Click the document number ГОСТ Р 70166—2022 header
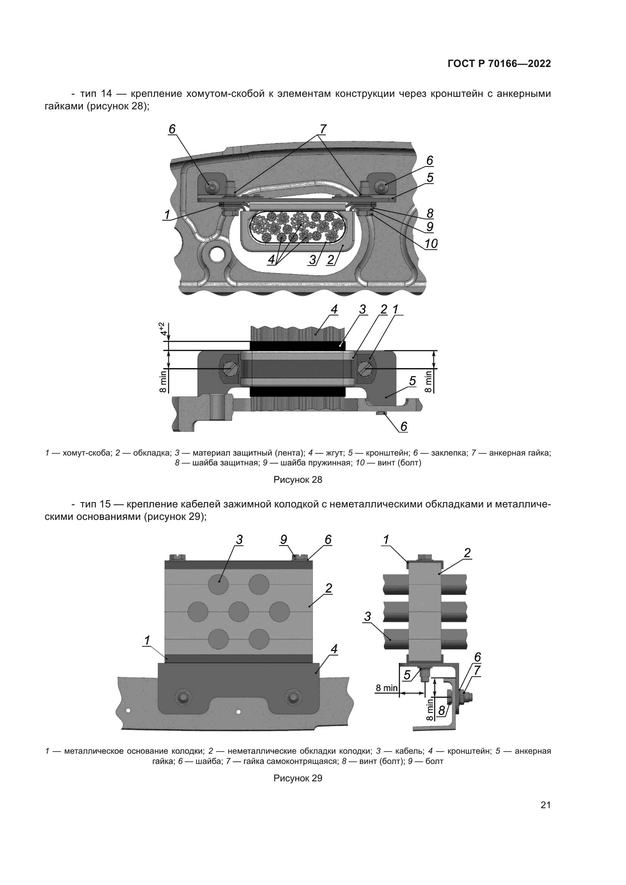click(499, 64)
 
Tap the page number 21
click(545, 805)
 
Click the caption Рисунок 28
click(297, 479)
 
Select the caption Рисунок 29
click(297, 778)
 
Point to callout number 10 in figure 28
click(431, 244)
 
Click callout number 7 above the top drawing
click(322, 129)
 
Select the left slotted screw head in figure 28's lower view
click(230, 369)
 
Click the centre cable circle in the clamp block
click(238, 612)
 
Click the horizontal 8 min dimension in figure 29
click(387, 687)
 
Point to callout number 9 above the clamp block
click(284, 540)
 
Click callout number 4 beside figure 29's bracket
click(334, 649)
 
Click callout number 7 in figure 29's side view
click(477, 670)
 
